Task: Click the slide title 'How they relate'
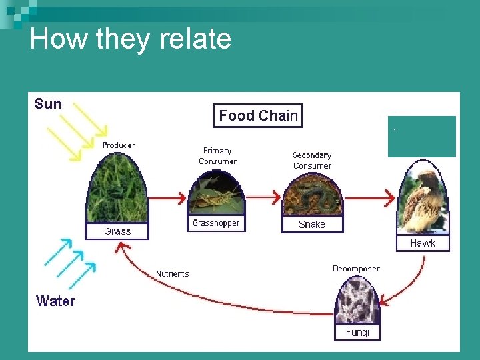pos(131,39)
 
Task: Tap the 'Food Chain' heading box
pos(258,115)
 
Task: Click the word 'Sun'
pos(48,104)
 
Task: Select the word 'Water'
pos(55,301)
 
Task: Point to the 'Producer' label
pos(119,145)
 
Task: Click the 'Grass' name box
pos(117,231)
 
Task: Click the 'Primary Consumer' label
pos(217,156)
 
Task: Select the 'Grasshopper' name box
pos(216,223)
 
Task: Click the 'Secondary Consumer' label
pos(312,160)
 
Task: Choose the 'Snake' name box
pos(312,225)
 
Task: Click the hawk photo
pos(423,200)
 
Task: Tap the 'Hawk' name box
pos(423,243)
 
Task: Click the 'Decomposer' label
pos(356,269)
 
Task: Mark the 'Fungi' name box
pos(357,332)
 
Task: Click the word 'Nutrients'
pos(173,274)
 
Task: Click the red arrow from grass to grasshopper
pos(167,198)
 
